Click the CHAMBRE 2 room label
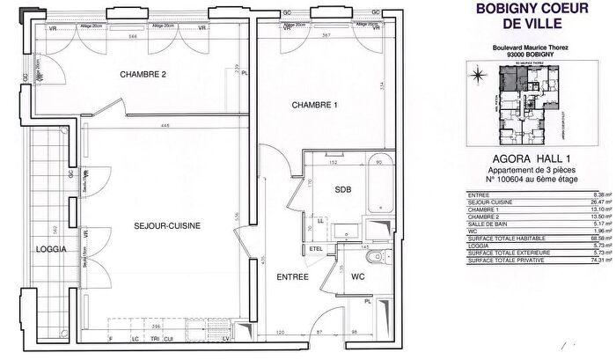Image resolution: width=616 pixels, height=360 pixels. click(x=143, y=75)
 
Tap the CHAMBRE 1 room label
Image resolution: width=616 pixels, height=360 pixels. click(x=315, y=106)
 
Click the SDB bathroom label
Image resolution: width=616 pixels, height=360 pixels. click(x=342, y=190)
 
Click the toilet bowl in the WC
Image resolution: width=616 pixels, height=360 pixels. click(x=379, y=261)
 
